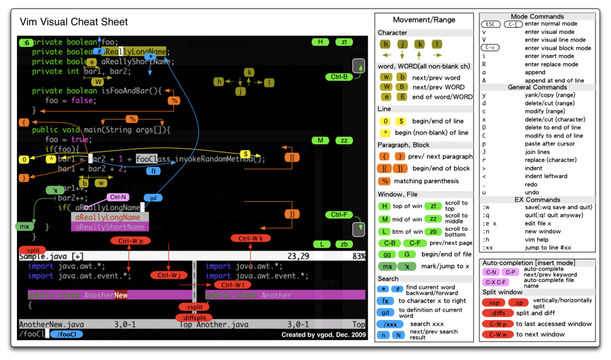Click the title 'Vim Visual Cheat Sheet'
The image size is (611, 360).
pyautogui.click(x=74, y=22)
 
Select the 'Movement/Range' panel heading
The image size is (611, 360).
pyautogui.click(x=424, y=20)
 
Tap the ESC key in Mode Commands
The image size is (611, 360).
pyautogui.click(x=491, y=24)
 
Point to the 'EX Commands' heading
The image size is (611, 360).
pyautogui.click(x=537, y=200)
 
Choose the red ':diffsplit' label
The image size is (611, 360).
pyautogui.click(x=194, y=317)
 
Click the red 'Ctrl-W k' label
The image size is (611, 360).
pyautogui.click(x=251, y=238)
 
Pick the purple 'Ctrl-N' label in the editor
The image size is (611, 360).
pyautogui.click(x=117, y=197)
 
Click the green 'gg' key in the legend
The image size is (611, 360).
pyautogui.click(x=386, y=254)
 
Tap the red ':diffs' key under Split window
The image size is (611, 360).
pyautogui.click(x=498, y=313)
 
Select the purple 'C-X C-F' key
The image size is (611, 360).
pyautogui.click(x=495, y=282)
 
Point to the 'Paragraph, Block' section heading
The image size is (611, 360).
pyautogui.click(x=403, y=145)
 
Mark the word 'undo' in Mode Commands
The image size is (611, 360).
pyautogui.click(x=534, y=192)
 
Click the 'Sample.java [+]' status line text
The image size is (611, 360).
pyautogui.click(x=51, y=256)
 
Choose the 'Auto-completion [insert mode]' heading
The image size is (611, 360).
pyautogui.click(x=527, y=263)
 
